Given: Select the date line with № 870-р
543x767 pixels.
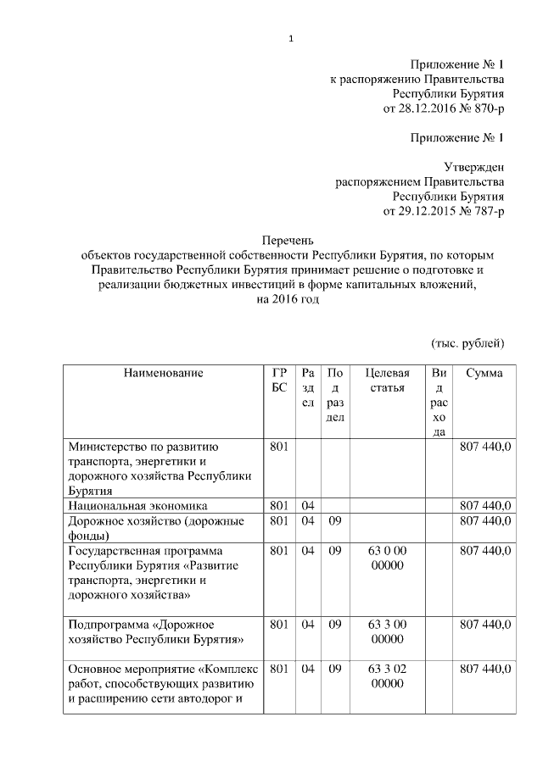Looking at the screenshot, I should [x=444, y=109].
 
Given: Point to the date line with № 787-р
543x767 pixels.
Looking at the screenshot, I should [x=444, y=210].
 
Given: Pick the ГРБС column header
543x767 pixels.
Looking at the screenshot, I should [x=279, y=380].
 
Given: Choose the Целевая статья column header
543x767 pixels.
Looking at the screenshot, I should [x=387, y=380].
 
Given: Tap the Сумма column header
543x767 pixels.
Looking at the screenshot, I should [x=484, y=373].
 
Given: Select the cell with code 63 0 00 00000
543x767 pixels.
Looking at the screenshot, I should [x=387, y=558].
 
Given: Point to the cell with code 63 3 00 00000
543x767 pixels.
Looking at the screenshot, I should [x=387, y=631].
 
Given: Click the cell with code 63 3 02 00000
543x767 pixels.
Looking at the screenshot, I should [x=387, y=675].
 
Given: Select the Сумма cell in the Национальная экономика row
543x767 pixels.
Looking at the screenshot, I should [x=484, y=506].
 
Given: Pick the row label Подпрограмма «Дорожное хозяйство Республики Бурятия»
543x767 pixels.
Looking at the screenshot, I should [x=156, y=631].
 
